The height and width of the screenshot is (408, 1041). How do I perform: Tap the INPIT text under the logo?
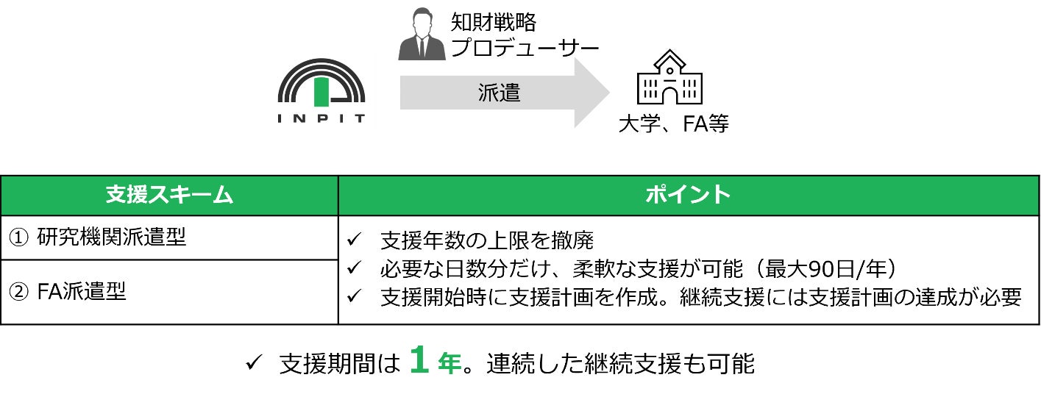[x=321, y=118]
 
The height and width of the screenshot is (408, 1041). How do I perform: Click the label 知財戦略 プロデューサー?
[x=525, y=35]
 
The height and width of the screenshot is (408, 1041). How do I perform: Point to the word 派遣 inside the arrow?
[x=499, y=93]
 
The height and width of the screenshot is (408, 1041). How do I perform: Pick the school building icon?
[x=669, y=78]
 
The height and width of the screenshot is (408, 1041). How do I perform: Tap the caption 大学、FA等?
[x=673, y=124]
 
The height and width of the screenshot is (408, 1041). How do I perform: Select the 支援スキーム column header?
[x=169, y=196]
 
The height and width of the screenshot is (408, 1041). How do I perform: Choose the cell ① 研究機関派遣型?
[x=97, y=237]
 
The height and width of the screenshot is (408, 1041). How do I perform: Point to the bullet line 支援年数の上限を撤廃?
[x=486, y=240]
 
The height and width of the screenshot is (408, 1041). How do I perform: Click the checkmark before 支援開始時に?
[x=354, y=296]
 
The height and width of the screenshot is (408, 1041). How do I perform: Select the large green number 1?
[x=419, y=362]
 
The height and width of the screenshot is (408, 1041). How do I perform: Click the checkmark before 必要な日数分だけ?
[x=354, y=268]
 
